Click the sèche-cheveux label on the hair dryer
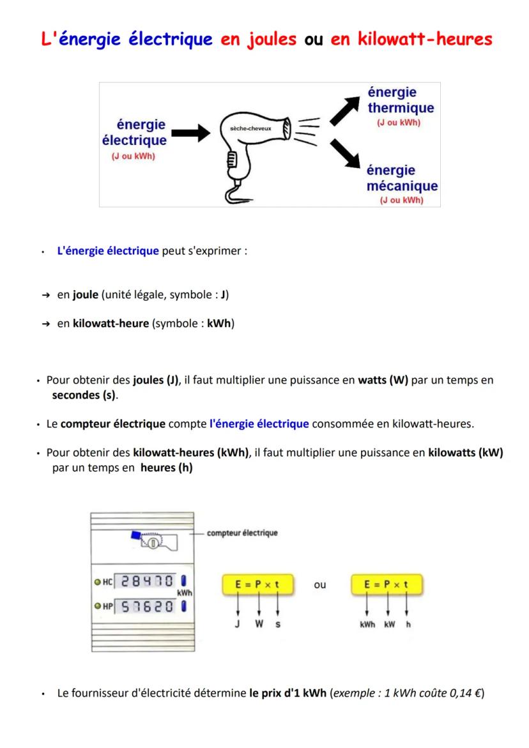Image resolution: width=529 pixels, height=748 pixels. (x=254, y=128)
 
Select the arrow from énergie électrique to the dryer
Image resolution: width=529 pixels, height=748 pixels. (x=190, y=132)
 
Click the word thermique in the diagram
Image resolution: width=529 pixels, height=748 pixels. (x=401, y=108)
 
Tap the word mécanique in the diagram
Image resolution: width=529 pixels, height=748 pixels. (x=402, y=186)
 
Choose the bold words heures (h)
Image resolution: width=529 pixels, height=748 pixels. (x=167, y=468)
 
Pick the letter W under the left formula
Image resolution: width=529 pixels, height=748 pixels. (x=259, y=625)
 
